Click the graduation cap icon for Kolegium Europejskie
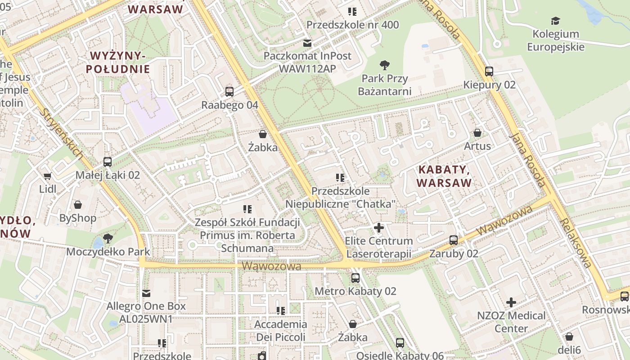point(555,21)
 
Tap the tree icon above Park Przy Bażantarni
point(385,65)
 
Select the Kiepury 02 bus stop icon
point(489,71)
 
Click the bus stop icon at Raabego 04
point(229,92)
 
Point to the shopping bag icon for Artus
point(477,133)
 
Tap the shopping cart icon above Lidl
point(48,176)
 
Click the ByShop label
point(78,218)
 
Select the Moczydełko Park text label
point(108,252)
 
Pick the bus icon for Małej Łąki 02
point(108,162)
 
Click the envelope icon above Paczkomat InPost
point(307,44)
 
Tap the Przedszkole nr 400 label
point(352,25)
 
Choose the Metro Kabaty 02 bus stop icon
point(355,278)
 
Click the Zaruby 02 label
point(454,254)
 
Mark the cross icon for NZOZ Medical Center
point(511,302)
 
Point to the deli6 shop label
point(569,350)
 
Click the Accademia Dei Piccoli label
point(281,331)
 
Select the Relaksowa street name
point(576,243)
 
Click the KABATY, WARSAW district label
point(444,176)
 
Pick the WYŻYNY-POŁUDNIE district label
point(120,63)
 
